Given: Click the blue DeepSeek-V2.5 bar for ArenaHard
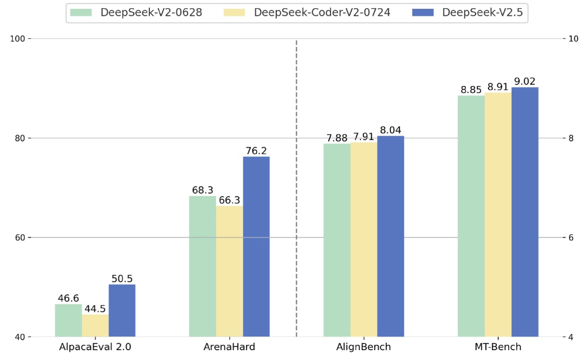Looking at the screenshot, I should click(256, 246).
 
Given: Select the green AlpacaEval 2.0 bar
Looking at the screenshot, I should click(68, 321).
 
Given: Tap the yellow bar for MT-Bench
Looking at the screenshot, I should click(498, 215).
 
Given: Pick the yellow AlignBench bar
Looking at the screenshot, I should click(363, 239).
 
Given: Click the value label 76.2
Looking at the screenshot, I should click(256, 151).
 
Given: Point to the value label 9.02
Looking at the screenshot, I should click(524, 82).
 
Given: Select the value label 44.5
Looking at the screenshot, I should click(95, 309).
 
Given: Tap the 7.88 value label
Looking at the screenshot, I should click(337, 138).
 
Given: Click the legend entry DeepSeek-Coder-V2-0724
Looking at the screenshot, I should click(322, 12).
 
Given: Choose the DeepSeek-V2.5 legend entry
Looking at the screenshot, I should click(482, 12).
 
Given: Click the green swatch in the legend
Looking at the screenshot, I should click(81, 12).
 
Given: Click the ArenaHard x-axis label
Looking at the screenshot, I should click(229, 347).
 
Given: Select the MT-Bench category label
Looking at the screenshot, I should click(498, 347).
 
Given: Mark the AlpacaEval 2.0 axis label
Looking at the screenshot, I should click(95, 347).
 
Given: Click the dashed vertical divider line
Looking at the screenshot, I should click(296, 188).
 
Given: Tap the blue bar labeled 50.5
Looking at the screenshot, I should click(122, 311).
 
